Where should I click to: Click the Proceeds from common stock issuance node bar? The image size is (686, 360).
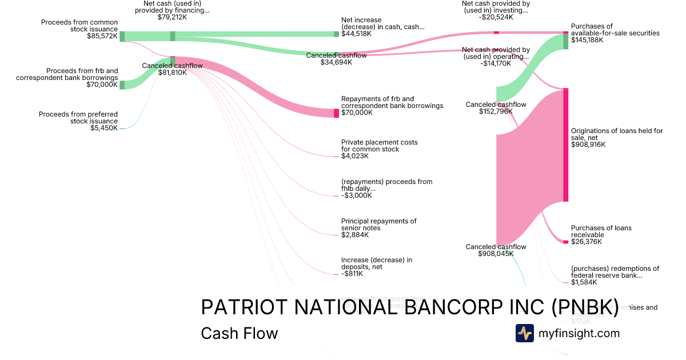coord(122,37)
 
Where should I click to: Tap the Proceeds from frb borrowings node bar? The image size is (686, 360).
coord(122,85)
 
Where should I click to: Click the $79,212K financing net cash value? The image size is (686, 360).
coord(172,17)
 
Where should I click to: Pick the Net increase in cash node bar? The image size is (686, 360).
coord(336,34)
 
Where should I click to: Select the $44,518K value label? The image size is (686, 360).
coord(356,34)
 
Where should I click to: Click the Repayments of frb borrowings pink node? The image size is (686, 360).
coord(336,113)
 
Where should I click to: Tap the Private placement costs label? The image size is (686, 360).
coord(379,145)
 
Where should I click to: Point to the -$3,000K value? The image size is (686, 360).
coord(356,195)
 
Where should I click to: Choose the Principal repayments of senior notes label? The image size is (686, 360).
coord(378,225)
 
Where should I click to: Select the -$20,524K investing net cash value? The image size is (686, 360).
coord(496,17)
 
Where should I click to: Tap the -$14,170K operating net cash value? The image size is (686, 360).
coord(496,63)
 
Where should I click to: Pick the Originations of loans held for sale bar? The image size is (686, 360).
coord(566,145)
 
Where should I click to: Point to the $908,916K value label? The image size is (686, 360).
coord(588,145)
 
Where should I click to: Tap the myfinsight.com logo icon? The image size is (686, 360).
coord(524,333)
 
